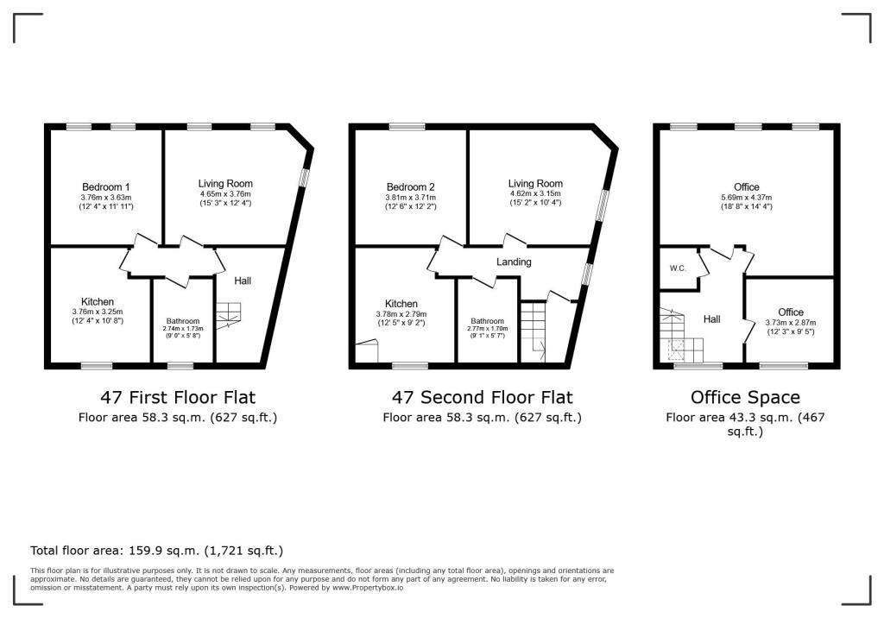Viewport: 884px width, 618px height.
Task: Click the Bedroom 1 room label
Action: (106, 186)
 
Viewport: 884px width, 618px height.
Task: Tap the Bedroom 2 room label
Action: (410, 186)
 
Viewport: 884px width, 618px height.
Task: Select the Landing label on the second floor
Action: (514, 262)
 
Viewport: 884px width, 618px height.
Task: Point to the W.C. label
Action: (678, 268)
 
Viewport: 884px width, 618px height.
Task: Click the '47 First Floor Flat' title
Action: (179, 398)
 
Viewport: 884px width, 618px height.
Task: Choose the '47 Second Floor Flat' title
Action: (483, 398)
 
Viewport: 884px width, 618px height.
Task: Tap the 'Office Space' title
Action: (745, 398)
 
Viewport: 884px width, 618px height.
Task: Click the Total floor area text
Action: (156, 550)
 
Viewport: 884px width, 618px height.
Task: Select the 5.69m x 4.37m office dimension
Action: (747, 198)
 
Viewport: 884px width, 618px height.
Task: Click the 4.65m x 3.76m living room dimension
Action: (225, 194)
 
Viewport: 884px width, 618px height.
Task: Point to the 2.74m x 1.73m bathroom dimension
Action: (182, 329)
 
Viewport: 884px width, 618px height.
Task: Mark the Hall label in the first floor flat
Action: (243, 281)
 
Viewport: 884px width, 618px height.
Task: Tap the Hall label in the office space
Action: (711, 319)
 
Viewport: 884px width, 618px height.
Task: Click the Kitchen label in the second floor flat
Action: (401, 304)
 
